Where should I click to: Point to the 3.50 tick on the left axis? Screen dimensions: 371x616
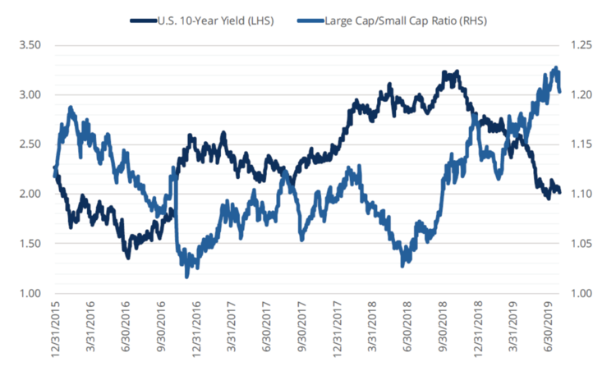pyautogui.click(x=30, y=45)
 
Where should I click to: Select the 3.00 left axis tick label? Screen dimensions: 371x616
pyautogui.click(x=30, y=95)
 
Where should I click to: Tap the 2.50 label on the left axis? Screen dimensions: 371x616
pyautogui.click(x=30, y=144)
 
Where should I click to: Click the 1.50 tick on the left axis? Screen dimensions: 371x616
pyautogui.click(x=30, y=244)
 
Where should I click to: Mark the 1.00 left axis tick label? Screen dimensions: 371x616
pyautogui.click(x=30, y=294)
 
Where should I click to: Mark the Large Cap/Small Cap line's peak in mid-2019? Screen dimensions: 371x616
pyautogui.click(x=555, y=68)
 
